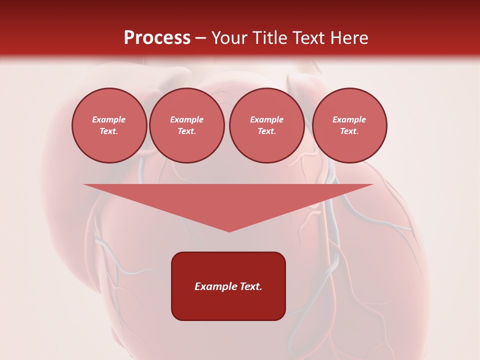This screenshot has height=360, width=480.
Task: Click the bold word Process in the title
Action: click(157, 38)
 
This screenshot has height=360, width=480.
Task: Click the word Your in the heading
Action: click(230, 38)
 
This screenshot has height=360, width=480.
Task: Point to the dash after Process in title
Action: click(200, 38)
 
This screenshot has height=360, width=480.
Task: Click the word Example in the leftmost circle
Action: click(109, 119)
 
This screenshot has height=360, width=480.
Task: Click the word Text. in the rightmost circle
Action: click(349, 131)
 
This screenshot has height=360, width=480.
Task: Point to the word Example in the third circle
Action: click(267, 119)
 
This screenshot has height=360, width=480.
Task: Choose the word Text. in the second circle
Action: click(187, 131)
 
